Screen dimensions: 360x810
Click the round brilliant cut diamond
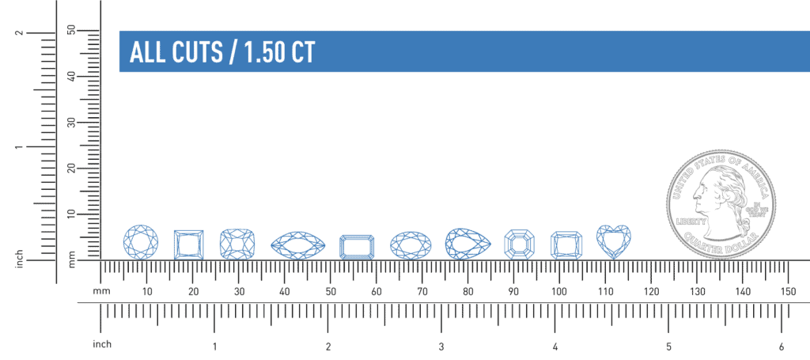click(141, 241)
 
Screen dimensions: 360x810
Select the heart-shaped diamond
click(613, 241)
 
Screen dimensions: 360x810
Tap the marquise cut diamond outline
click(297, 245)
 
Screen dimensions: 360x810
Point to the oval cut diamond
click(410, 245)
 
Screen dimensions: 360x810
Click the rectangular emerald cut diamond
click(357, 247)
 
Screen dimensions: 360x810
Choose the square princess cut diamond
click(188, 244)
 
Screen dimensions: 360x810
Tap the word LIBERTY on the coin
click(691, 222)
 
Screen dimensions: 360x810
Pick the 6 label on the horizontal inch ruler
click(782, 347)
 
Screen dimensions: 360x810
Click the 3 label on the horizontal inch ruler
click(441, 347)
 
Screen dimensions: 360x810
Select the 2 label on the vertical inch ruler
click(18, 33)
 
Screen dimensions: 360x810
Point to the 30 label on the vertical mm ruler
click(71, 123)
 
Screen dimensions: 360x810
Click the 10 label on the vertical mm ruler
click(71, 214)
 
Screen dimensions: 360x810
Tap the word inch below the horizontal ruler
click(103, 344)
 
